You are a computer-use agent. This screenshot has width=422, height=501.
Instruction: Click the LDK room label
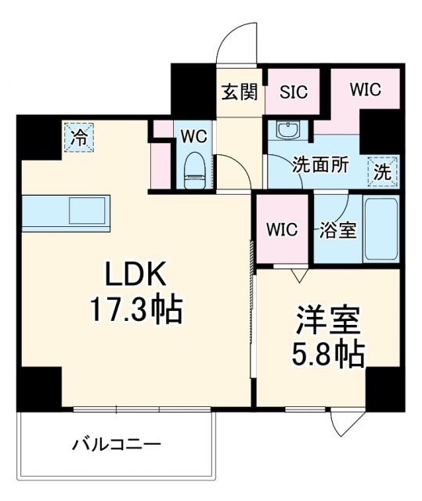(x=134, y=275)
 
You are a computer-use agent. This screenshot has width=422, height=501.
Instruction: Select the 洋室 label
(x=327, y=321)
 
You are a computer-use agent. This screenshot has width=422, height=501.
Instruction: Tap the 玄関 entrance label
(x=239, y=92)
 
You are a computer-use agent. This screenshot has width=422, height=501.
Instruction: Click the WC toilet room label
(x=193, y=135)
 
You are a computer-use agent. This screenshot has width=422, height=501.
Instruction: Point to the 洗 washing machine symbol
(x=382, y=171)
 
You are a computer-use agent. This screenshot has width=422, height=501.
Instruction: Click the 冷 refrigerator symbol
(x=79, y=138)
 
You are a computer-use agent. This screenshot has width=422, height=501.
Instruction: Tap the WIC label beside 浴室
(x=282, y=230)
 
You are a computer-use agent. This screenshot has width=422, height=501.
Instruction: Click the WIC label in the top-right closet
(x=366, y=89)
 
